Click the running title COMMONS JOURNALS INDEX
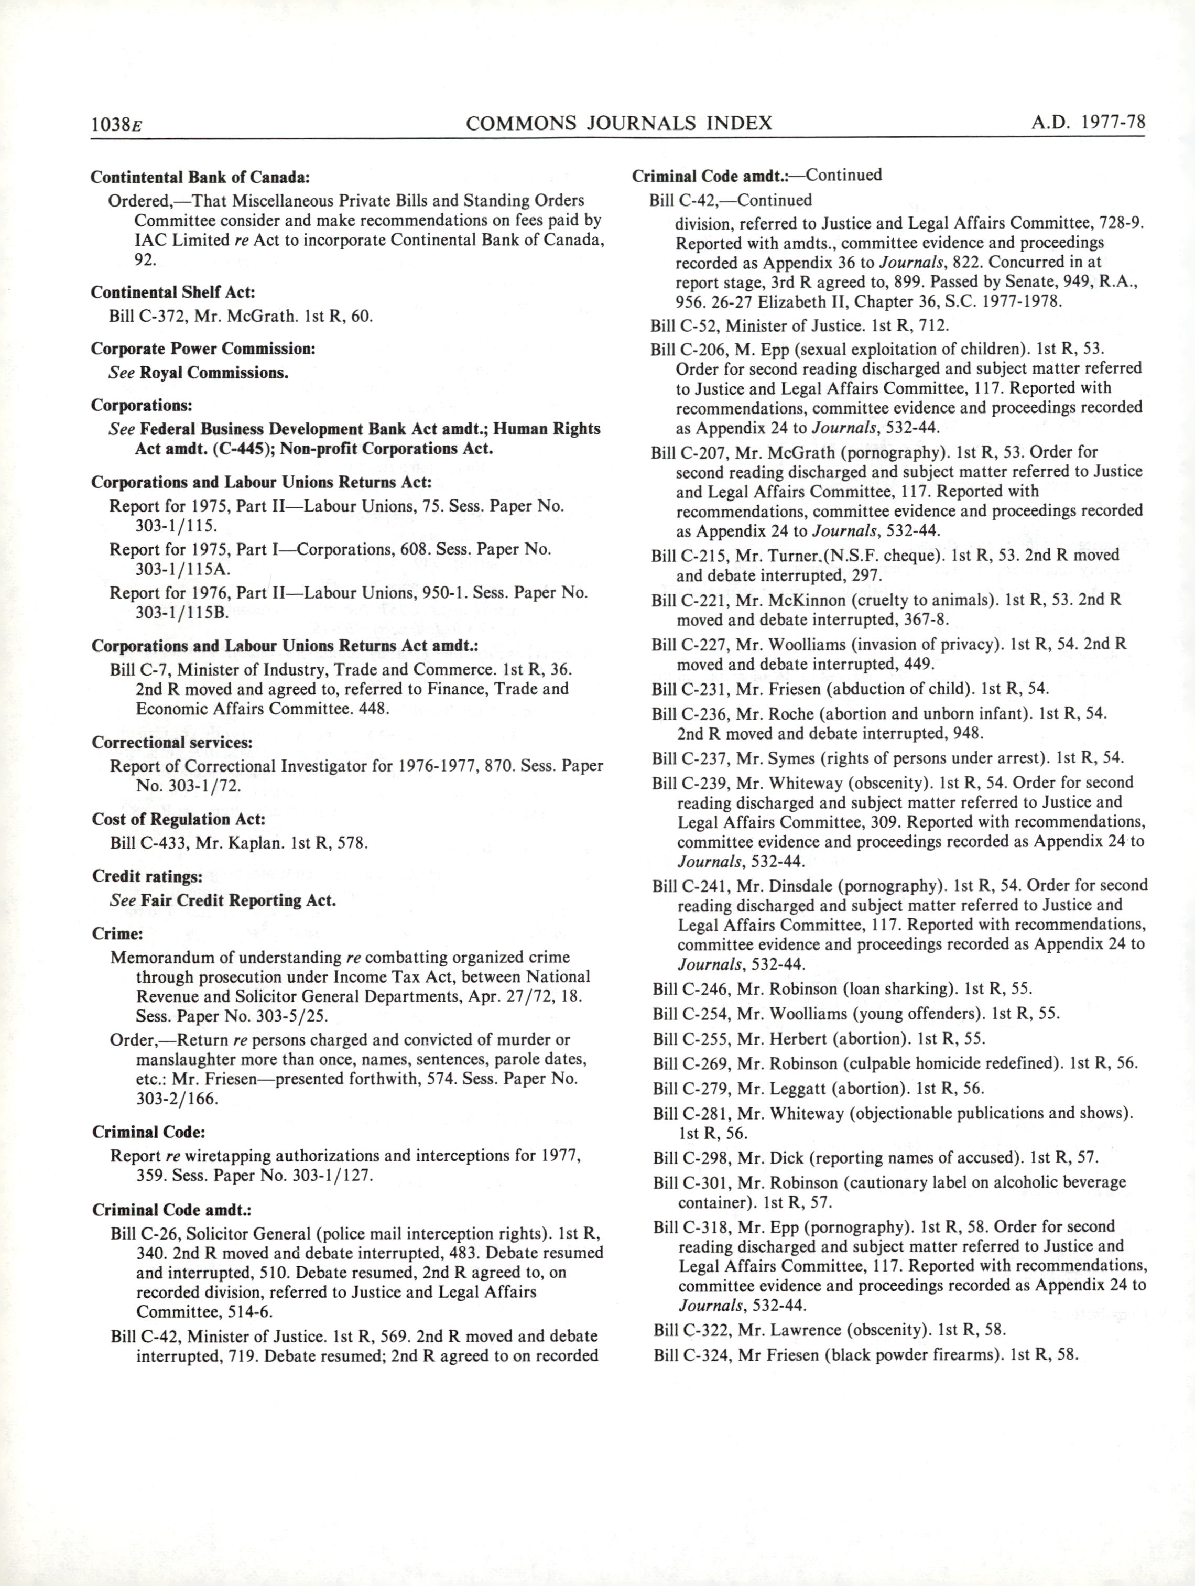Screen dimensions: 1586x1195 click(x=618, y=123)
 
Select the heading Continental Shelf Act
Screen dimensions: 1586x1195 click(x=173, y=292)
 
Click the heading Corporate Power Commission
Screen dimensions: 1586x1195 click(x=203, y=349)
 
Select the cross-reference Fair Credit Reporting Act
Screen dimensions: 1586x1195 click(x=238, y=900)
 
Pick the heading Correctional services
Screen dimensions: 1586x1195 click(x=172, y=742)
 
